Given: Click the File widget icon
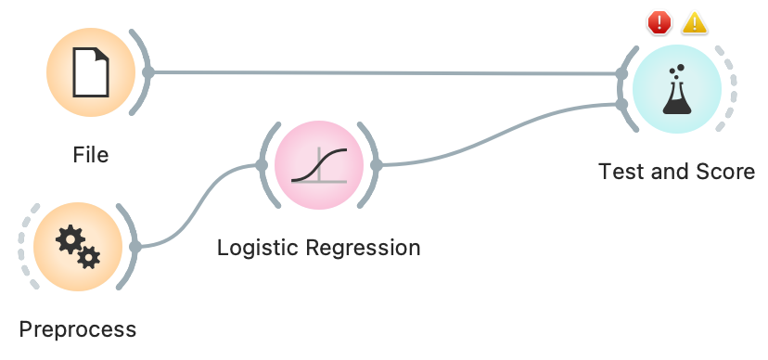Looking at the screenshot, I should tap(91, 71).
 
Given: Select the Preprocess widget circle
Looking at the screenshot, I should tap(78, 246).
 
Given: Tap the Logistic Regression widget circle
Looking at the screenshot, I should tap(319, 165).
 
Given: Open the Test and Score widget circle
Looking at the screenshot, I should tap(676, 90).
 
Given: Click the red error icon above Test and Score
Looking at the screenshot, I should tap(659, 23).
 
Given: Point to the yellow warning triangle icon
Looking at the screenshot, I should tap(695, 23).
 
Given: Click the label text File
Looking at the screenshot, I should tap(91, 154).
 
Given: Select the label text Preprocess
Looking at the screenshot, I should tap(78, 328).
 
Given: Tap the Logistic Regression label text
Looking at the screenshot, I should tap(318, 248).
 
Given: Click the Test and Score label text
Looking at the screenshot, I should tap(677, 172).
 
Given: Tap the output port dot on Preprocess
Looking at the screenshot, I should tap(135, 247).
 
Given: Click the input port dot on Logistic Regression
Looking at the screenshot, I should tap(262, 165).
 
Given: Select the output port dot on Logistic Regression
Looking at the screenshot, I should tap(376, 165).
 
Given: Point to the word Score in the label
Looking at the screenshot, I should tap(728, 172).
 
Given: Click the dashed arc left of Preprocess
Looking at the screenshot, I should tap(21, 246).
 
